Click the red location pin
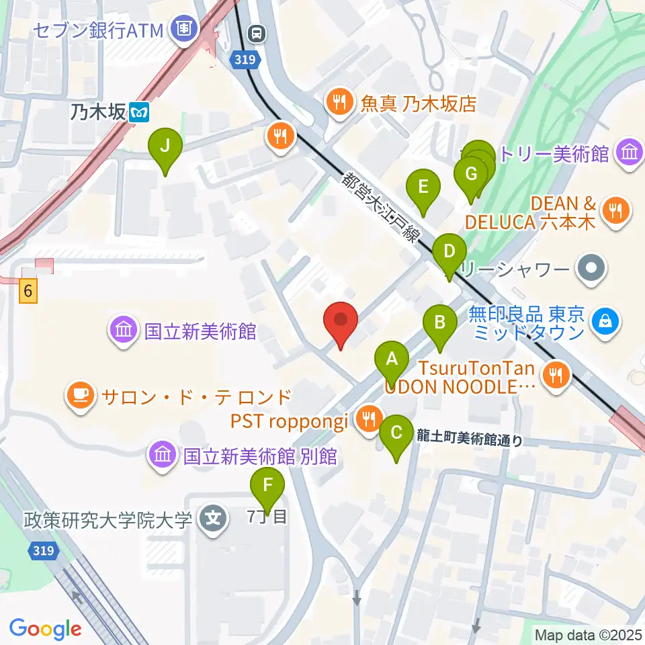[x=341, y=322]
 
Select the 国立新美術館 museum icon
[x=124, y=331]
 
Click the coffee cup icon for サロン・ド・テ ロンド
[x=79, y=395]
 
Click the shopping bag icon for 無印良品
[x=605, y=322]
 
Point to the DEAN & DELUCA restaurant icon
[x=615, y=211]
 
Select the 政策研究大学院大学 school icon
[x=214, y=519]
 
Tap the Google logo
[x=46, y=629]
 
